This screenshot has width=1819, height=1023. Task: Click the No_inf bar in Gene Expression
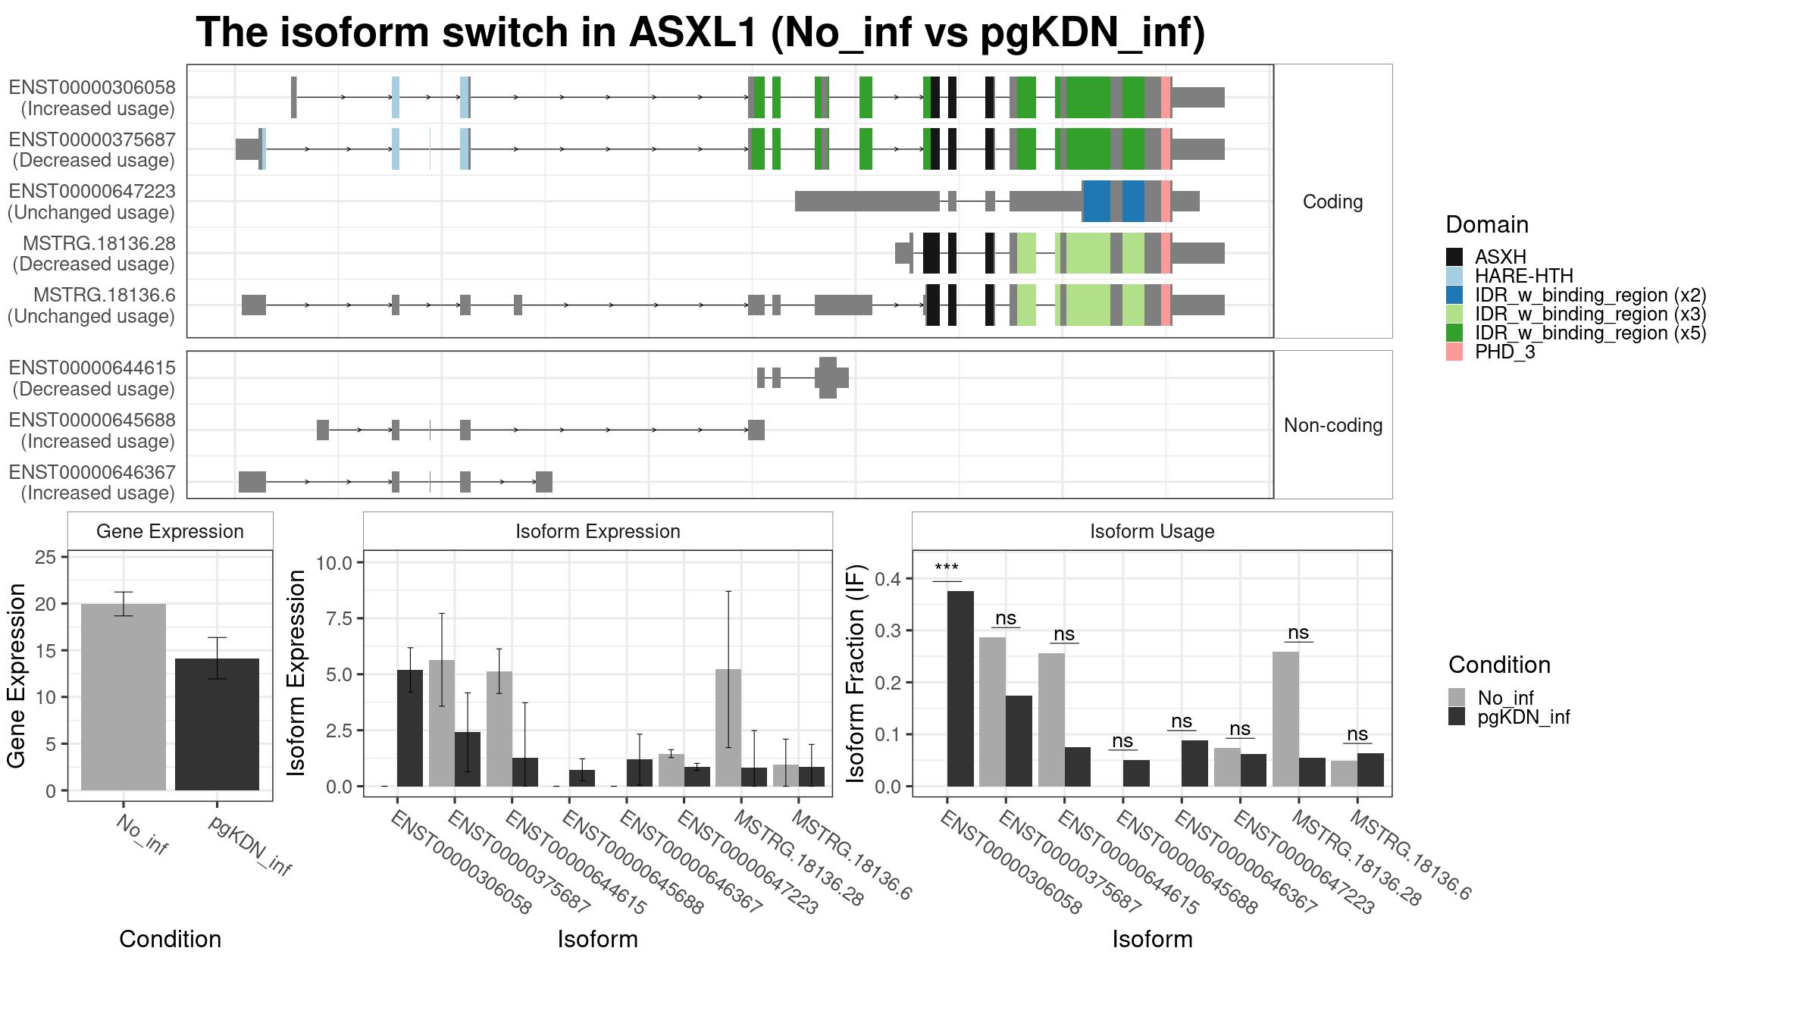click(x=124, y=697)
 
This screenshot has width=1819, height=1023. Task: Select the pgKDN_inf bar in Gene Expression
click(x=217, y=724)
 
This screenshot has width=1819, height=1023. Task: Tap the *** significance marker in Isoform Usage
click(x=947, y=568)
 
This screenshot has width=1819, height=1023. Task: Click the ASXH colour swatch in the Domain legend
click(x=1454, y=257)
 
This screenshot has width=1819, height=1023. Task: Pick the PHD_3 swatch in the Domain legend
click(x=1454, y=352)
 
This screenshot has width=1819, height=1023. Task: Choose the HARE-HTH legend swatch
click(x=1454, y=276)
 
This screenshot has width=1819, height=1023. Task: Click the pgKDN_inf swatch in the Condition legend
click(x=1457, y=717)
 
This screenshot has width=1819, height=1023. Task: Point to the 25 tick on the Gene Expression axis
click(x=45, y=558)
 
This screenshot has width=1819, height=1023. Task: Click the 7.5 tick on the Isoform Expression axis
click(x=334, y=618)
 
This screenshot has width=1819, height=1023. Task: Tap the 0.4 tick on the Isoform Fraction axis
click(x=889, y=579)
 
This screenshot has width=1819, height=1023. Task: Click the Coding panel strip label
click(x=1332, y=202)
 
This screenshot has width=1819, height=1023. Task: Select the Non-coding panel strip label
click(x=1333, y=425)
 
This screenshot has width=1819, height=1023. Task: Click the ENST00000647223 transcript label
click(x=92, y=192)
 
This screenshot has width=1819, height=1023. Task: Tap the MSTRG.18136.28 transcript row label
click(x=99, y=244)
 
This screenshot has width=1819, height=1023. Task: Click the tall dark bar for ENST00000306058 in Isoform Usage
click(x=960, y=689)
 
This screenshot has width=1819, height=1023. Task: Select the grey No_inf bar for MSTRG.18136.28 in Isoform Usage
click(x=1285, y=719)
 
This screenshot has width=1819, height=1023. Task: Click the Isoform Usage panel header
click(x=1152, y=531)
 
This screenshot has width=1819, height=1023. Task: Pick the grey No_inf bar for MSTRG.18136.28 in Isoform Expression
click(x=728, y=727)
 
